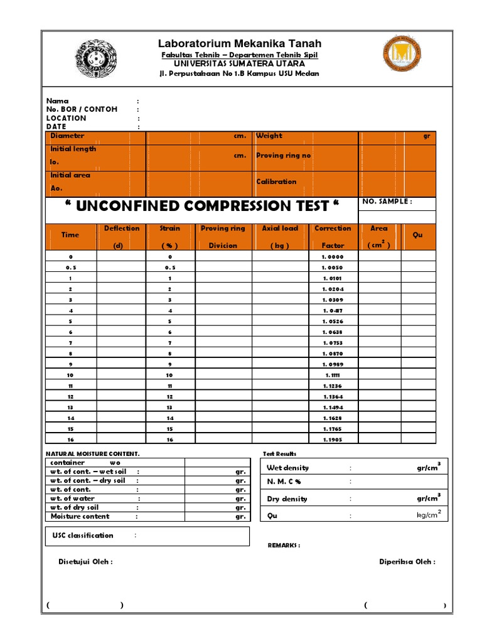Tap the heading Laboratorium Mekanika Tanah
pos(239,43)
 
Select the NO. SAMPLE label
pos(387,202)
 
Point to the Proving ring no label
pos(283,156)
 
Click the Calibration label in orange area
pos(276,181)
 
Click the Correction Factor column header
pos(333,237)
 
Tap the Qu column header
pos(418,235)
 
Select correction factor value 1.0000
pos(333,257)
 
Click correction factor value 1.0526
pos(333,321)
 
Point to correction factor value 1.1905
pos(333,440)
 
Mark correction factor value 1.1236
pos(333,386)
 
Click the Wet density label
pos(287,468)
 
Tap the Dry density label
pos(287,499)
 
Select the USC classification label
pos(82,536)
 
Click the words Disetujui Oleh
pos(85,562)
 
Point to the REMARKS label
pos(284,546)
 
